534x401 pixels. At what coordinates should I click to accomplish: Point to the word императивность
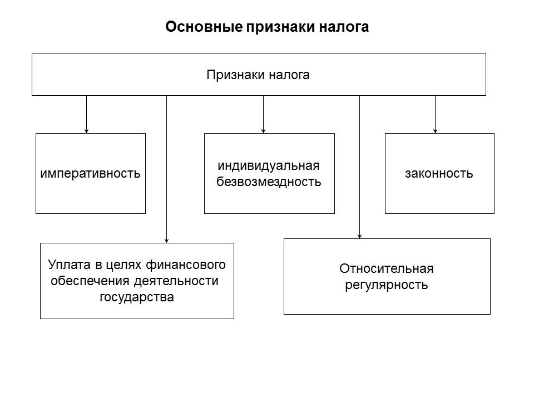coord(91,173)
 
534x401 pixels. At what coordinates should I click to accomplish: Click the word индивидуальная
coord(269,167)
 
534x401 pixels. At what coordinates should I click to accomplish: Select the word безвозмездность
coord(269,182)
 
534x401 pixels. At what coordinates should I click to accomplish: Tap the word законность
coord(439,173)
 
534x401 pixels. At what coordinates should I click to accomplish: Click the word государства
coord(137,297)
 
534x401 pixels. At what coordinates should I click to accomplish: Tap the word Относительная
coord(386,269)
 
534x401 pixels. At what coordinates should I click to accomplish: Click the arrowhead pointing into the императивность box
coord(86,131)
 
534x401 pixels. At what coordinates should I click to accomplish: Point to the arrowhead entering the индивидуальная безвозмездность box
coord(263,131)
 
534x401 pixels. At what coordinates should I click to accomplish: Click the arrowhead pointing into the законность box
coord(435,131)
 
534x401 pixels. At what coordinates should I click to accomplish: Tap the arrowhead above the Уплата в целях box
coord(166,241)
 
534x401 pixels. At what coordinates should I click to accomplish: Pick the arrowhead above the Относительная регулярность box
coord(359,236)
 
